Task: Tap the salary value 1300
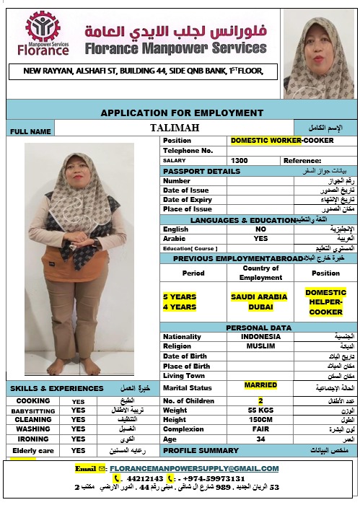coord(240,160)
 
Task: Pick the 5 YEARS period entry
coord(180,297)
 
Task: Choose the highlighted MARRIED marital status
coord(260,385)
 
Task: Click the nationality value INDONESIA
coord(260,336)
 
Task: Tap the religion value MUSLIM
coord(260,346)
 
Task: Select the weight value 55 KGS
coord(260,410)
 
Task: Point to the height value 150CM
coord(260,420)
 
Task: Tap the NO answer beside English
coord(260,229)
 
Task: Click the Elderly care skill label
coord(33,451)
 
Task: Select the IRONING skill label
coord(33,439)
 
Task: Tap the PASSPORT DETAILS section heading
coord(202,171)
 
